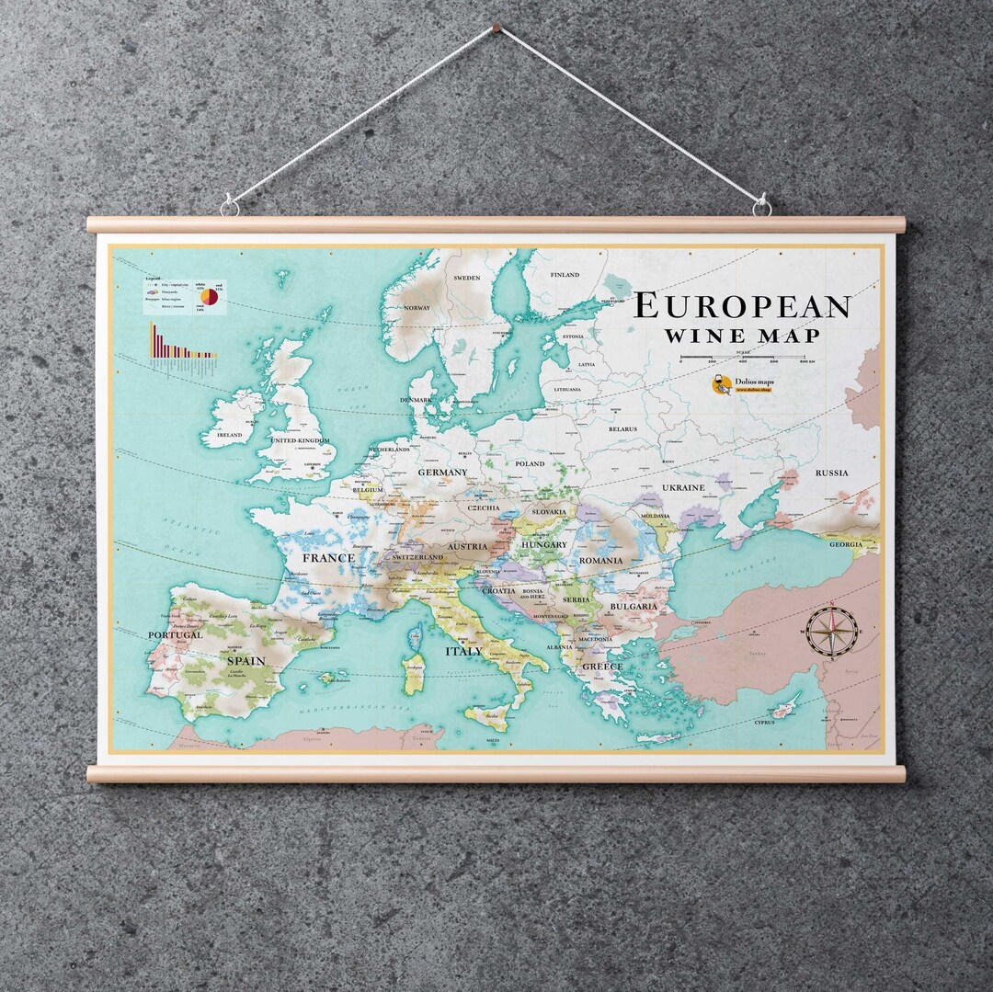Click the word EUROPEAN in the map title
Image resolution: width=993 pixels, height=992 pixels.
742,306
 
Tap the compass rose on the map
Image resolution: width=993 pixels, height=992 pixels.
832,631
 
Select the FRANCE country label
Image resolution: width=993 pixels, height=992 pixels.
328,557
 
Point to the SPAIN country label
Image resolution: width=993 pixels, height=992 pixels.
245,660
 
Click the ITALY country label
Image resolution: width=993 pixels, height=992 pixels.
463,651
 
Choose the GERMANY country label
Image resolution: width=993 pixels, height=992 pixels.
442,473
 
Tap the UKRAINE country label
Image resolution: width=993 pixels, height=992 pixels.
683,487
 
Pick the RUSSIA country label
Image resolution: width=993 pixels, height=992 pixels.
831,473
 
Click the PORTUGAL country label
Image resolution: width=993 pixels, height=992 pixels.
175,634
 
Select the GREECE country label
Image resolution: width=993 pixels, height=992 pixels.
602,667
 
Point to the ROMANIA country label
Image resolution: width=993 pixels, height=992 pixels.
600,560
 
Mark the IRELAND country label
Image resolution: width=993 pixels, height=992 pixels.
229,434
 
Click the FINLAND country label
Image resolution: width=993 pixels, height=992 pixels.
565,275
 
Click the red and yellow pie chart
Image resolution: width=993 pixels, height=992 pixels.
210,297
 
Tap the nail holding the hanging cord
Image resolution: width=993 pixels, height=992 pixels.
497,29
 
